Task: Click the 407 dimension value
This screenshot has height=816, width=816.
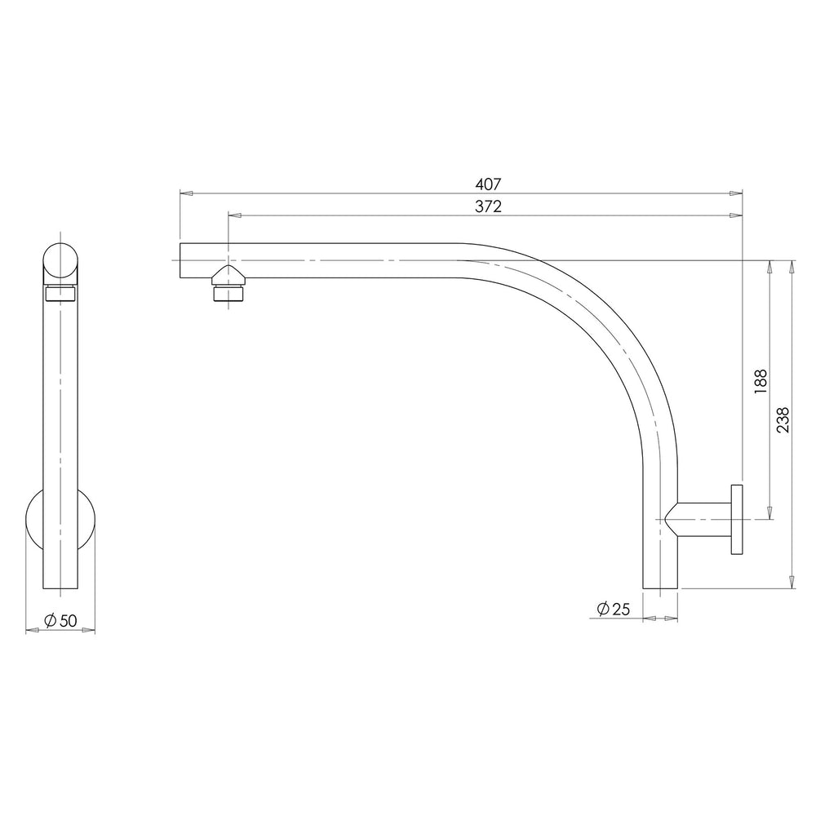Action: tap(488, 184)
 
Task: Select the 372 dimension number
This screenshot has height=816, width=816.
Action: tap(488, 206)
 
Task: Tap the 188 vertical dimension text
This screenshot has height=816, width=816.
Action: tap(761, 381)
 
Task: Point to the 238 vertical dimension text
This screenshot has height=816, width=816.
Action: tap(783, 420)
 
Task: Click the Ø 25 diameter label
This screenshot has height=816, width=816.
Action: tap(614, 609)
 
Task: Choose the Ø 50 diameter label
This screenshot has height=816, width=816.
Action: tap(60, 620)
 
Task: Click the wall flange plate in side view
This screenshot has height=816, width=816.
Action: tap(737, 519)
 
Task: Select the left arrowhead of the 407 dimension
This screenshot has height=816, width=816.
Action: tap(186, 193)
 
